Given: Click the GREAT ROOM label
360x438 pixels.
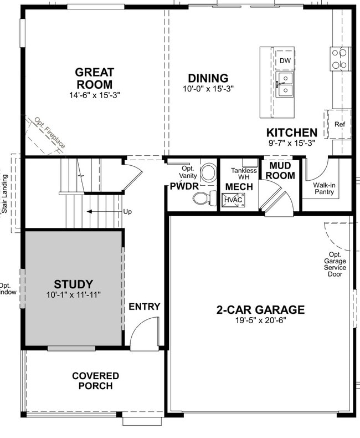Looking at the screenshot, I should pyautogui.click(x=95, y=78).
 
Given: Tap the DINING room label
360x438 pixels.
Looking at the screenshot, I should pyautogui.click(x=208, y=78).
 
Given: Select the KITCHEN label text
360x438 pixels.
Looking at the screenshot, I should pyautogui.click(x=292, y=133).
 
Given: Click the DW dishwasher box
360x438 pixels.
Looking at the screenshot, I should pyautogui.click(x=285, y=60).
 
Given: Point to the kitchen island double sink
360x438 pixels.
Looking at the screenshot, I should pyautogui.click(x=285, y=84).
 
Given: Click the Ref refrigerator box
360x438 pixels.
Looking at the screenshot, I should pyautogui.click(x=340, y=125).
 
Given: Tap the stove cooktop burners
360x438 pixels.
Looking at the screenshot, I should pyautogui.click(x=341, y=59).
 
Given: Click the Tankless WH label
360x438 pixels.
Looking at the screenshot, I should pyautogui.click(x=244, y=174).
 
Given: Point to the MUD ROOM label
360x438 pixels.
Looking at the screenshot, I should pyautogui.click(x=281, y=171).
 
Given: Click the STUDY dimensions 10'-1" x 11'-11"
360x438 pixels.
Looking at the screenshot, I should pyautogui.click(x=74, y=295).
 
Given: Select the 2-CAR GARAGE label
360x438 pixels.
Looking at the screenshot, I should pyautogui.click(x=260, y=309).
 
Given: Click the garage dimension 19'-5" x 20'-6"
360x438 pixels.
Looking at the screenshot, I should pyautogui.click(x=260, y=320).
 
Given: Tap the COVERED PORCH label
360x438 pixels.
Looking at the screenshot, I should pyautogui.click(x=95, y=381).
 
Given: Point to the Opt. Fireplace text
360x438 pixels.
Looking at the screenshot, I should pyautogui.click(x=50, y=133).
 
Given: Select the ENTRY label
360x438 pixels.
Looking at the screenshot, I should pyautogui.click(x=145, y=307).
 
